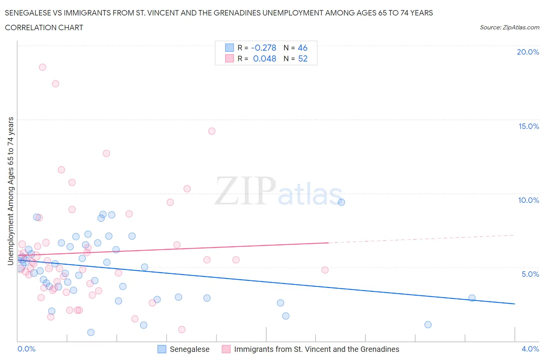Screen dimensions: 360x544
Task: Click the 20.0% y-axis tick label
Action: (528, 52)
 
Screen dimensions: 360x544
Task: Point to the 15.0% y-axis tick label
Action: (529, 126)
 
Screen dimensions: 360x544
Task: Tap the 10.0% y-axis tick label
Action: (529, 200)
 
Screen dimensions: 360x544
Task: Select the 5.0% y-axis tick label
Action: (530, 274)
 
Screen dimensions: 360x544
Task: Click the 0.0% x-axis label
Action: (26, 349)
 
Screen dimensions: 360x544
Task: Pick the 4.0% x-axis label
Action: (530, 349)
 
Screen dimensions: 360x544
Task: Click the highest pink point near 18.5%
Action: (43, 67)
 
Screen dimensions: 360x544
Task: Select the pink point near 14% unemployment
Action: (212, 131)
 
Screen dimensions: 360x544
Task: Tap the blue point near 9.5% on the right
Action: (341, 202)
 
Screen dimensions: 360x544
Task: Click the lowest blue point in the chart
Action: (91, 333)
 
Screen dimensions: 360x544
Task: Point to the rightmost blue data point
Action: (472, 298)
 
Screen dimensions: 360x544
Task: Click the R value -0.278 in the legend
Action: (263, 48)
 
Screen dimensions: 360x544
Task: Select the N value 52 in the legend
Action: (303, 58)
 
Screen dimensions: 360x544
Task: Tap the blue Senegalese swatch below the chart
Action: (162, 349)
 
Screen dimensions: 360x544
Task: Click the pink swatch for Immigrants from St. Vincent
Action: (226, 349)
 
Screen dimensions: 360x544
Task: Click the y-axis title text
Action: (11, 191)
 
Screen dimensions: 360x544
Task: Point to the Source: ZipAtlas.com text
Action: (509, 27)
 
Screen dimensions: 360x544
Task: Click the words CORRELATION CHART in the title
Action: (44, 27)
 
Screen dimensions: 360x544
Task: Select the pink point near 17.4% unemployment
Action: (56, 84)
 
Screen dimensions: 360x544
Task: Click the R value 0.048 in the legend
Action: (264, 58)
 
